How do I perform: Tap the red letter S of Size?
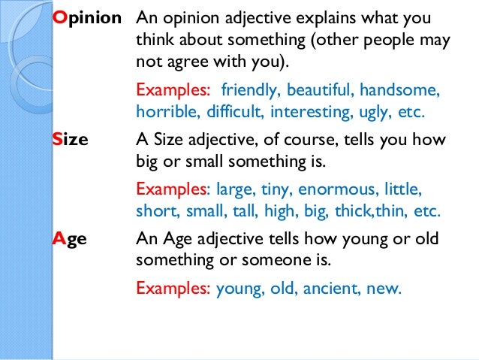(57, 140)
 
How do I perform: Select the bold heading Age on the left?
(70, 238)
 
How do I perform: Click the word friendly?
(247, 92)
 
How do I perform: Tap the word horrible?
(161, 113)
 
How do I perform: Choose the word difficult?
(220, 113)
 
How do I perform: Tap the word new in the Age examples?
(384, 286)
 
